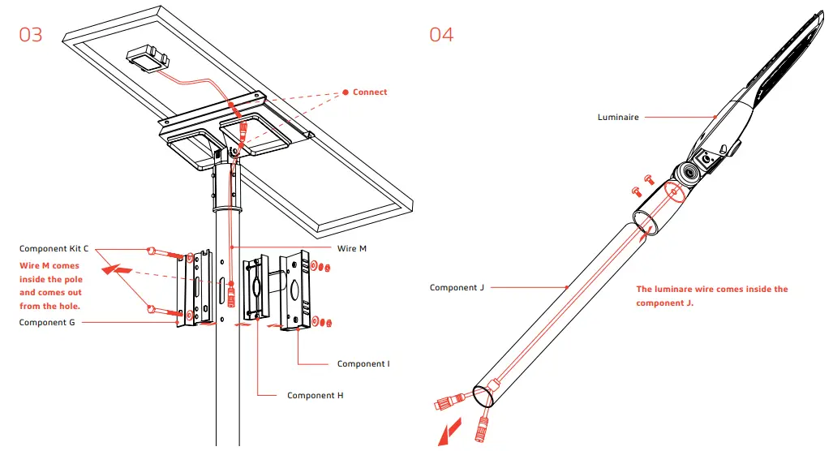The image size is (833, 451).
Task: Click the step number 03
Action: (31, 35)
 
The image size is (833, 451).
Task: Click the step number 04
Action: (441, 35)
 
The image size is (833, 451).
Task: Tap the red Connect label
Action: (370, 92)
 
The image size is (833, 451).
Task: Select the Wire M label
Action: (352, 248)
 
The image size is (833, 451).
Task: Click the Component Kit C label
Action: (54, 248)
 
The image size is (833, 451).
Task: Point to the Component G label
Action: (49, 322)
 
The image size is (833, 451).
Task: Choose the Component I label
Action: (363, 363)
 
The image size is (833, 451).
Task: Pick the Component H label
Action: (316, 395)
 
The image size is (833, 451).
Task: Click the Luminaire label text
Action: (618, 118)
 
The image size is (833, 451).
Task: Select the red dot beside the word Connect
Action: (346, 92)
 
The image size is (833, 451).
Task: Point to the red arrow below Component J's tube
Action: (447, 432)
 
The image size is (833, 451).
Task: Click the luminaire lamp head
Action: (771, 89)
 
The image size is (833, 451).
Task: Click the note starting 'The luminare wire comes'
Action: (711, 295)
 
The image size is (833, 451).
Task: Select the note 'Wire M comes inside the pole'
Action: (50, 286)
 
